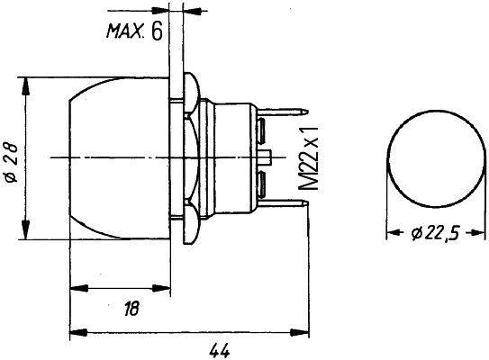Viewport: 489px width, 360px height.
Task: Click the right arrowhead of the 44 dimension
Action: (303, 329)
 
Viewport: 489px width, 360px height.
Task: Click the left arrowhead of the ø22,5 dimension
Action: (392, 232)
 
